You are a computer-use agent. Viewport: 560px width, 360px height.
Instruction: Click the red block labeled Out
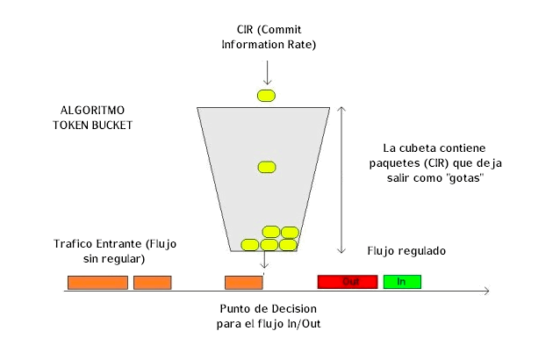[349, 282]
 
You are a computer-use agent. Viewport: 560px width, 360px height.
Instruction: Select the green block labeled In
[402, 282]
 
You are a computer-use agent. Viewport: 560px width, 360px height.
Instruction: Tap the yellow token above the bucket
[267, 94]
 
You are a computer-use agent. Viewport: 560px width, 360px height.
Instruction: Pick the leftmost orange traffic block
[97, 282]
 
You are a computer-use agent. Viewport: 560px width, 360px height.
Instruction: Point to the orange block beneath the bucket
[243, 282]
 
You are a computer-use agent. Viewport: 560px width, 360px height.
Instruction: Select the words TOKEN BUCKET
[91, 126]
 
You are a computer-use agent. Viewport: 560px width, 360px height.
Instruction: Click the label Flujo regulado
[406, 251]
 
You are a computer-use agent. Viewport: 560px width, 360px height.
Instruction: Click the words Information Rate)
[269, 44]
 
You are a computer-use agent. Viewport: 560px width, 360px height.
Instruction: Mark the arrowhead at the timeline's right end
[485, 292]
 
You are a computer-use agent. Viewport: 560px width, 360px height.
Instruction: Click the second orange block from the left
[152, 282]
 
